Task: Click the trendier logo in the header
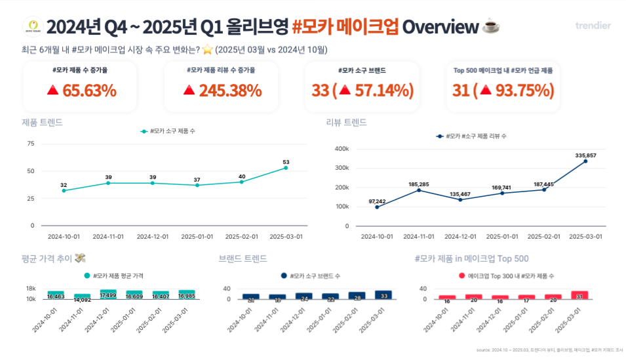tap(593, 26)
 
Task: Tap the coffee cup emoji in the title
tap(490, 27)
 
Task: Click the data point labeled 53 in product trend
tap(286, 168)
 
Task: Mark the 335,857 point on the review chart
tap(585, 161)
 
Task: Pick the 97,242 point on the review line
tap(377, 207)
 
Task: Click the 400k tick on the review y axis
tap(341, 149)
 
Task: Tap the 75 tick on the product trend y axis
tap(30, 143)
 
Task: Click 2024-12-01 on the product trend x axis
tap(153, 236)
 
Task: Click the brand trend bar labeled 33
tap(383, 295)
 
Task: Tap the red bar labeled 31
tap(579, 295)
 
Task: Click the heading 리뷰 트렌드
tap(346, 122)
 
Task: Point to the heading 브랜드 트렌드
tap(243, 258)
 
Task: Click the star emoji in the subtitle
tap(207, 50)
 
